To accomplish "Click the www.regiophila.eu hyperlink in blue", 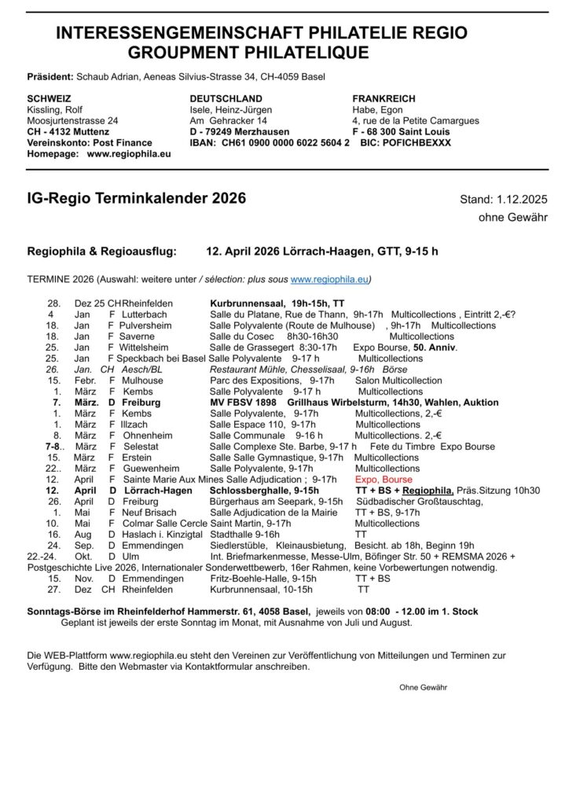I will click(x=329, y=279).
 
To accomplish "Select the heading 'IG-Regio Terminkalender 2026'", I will click(x=136, y=198).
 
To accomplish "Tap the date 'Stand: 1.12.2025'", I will click(x=504, y=200).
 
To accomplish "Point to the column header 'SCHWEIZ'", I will click(x=49, y=98).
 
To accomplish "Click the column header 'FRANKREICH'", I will click(x=384, y=98).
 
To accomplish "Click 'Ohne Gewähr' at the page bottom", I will click(x=423, y=687).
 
